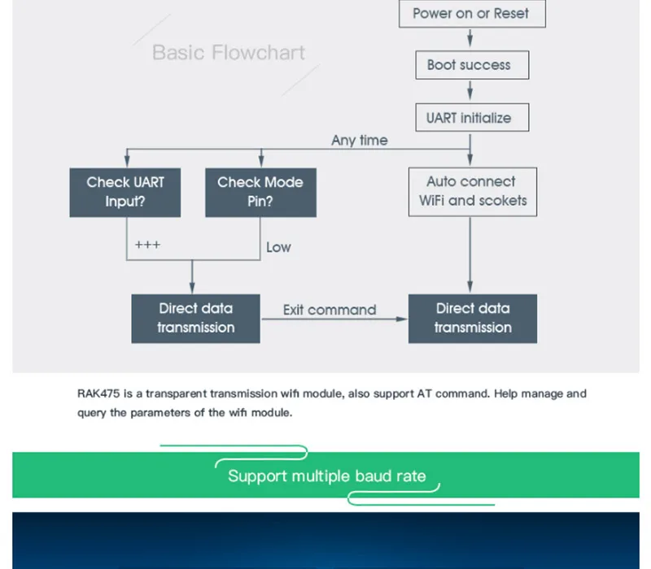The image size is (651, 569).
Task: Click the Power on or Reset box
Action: (472, 14)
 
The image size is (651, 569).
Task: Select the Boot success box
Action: (472, 65)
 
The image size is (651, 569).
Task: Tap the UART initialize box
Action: (472, 118)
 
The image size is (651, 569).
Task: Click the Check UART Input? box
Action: (125, 193)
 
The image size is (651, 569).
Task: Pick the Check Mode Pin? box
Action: (260, 193)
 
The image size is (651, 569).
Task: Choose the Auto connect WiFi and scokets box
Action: (473, 192)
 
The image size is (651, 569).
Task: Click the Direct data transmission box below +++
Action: (195, 319)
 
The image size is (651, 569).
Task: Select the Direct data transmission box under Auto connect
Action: (473, 319)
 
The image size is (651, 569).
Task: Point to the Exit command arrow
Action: (334, 319)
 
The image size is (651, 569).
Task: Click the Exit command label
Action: (330, 310)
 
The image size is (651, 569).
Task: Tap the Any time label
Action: (360, 140)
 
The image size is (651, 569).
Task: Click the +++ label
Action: (147, 245)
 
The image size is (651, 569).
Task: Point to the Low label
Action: (278, 247)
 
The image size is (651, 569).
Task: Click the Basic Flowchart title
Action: (229, 53)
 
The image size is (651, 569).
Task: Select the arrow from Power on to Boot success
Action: (470, 37)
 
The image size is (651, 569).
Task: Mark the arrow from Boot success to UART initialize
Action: (470, 90)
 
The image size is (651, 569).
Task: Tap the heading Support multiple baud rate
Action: (327, 476)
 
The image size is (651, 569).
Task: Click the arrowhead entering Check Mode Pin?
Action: (261, 163)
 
